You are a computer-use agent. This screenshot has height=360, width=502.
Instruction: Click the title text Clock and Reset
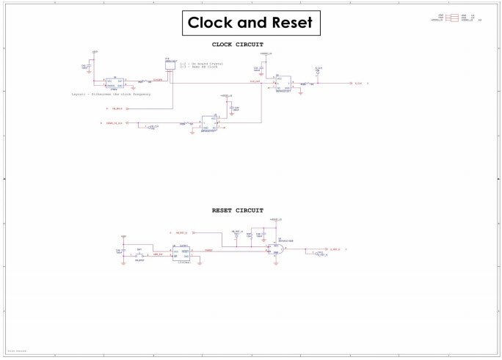[250, 23]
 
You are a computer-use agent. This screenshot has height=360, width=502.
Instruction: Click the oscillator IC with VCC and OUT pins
[114, 82]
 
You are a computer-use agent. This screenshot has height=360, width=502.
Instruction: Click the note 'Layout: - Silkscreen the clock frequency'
[109, 95]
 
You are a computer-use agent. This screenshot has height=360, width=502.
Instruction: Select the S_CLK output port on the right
[357, 84]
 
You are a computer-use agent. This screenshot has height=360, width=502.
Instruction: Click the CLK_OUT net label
[254, 81]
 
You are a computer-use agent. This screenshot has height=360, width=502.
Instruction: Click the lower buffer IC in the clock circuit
[213, 122]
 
